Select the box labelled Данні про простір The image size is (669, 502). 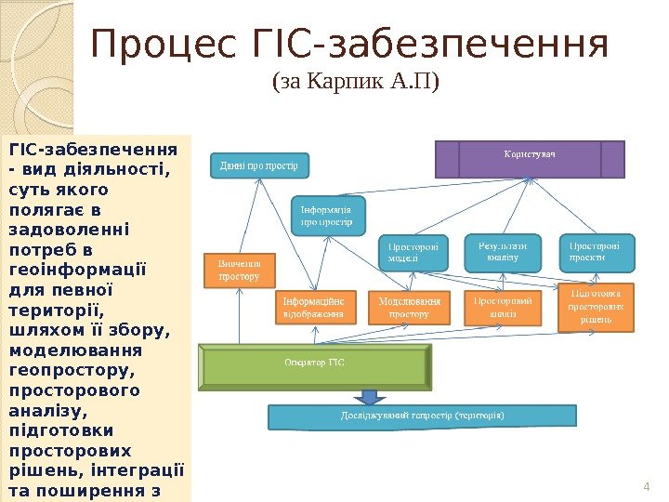click(x=258, y=166)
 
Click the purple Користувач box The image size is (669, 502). click(x=530, y=158)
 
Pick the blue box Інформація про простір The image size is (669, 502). click(x=328, y=216)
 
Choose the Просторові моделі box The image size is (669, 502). click(x=412, y=253)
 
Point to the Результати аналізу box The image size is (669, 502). click(x=502, y=252)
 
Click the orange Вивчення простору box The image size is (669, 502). click(x=239, y=269)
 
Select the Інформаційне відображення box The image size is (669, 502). click(x=314, y=308)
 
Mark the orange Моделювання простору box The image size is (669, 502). click(x=409, y=308)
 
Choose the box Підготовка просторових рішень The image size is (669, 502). click(x=596, y=307)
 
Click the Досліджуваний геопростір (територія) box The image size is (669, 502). click(x=423, y=416)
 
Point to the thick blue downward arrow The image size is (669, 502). click(x=370, y=396)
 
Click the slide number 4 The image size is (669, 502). click(x=646, y=486)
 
